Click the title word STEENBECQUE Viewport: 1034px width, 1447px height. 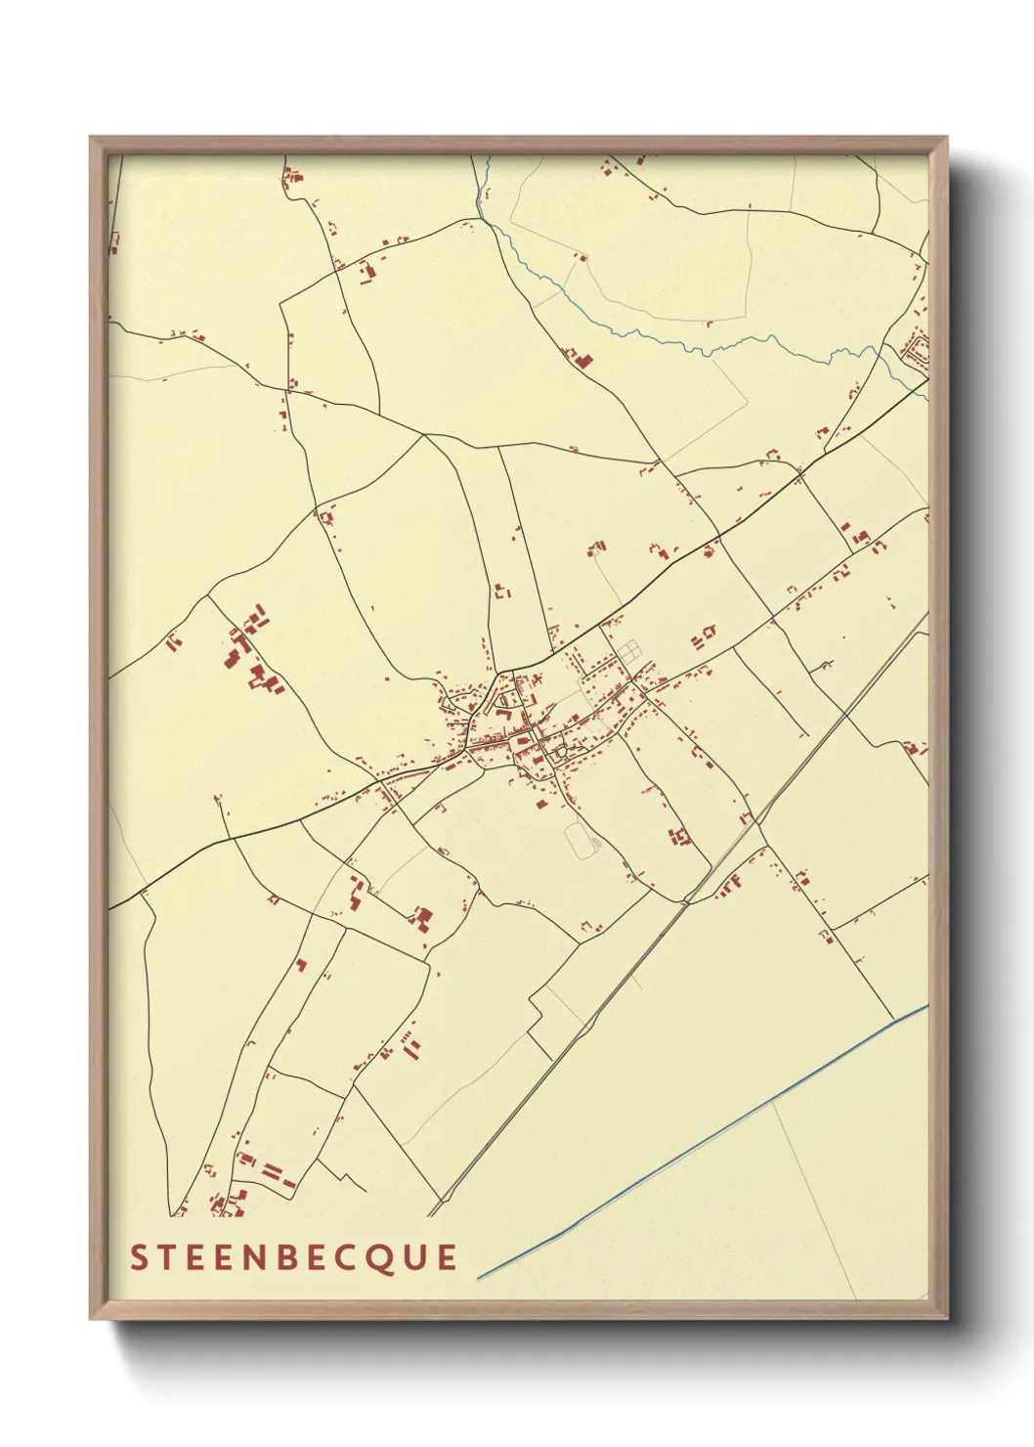click(x=293, y=1257)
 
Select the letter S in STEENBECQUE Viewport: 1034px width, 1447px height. click(x=140, y=1257)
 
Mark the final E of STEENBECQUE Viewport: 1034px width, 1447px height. click(x=447, y=1257)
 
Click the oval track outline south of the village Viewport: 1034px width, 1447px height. click(x=580, y=841)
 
